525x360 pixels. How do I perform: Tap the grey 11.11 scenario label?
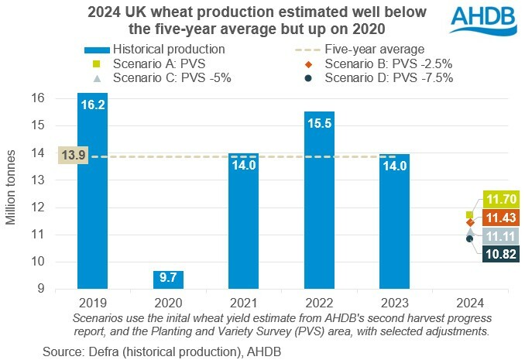tap(499, 236)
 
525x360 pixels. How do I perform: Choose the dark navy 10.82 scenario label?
tap(499, 254)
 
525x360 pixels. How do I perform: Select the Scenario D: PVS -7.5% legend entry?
tap(387, 77)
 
